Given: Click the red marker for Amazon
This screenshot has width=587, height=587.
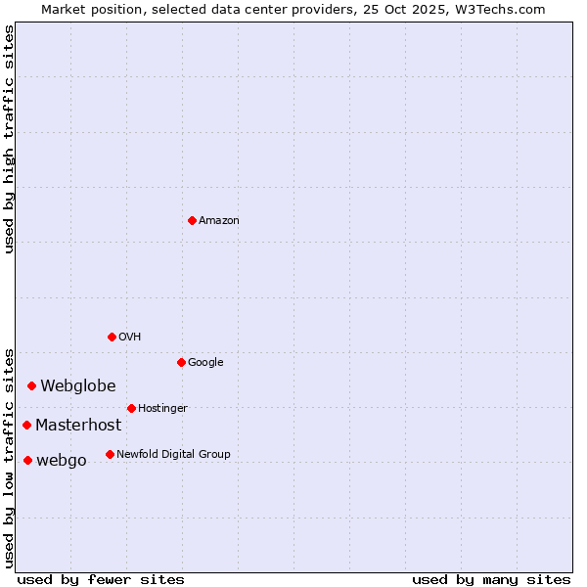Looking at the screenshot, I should (192, 220).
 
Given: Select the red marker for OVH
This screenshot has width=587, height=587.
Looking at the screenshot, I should (112, 337).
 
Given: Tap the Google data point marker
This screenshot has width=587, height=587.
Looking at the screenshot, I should (181, 362).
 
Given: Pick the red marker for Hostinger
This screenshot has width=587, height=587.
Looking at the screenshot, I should (131, 408).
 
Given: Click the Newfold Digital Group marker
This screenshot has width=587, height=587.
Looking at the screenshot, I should (110, 454).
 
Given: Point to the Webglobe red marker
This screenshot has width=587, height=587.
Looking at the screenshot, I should (31, 385).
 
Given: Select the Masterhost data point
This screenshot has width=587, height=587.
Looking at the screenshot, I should (26, 425).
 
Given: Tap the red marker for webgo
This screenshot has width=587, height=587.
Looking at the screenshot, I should (27, 460).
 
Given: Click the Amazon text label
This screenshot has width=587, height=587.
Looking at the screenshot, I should (219, 221).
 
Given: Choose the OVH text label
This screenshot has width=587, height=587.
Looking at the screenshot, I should (130, 338).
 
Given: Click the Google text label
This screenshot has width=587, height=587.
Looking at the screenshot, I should (205, 363).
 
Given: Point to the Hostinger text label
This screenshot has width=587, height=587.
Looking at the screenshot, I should (162, 409).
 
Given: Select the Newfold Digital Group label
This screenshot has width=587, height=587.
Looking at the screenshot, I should (173, 455).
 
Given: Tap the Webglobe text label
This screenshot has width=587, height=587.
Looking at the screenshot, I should (78, 386).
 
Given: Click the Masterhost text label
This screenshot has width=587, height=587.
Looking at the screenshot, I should (78, 426).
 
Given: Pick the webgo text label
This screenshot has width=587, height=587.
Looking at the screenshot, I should (62, 461).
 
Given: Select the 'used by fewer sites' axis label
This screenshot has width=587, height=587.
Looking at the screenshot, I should (101, 579).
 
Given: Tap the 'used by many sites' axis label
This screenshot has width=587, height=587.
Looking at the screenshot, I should (491, 579).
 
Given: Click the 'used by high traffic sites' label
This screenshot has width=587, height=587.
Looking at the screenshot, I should (9, 139).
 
